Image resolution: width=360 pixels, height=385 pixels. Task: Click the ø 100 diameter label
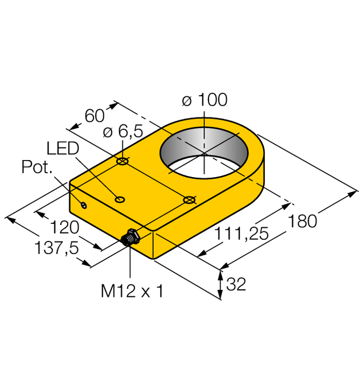[x=204, y=100]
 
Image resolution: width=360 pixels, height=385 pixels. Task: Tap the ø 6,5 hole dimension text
[x=122, y=132]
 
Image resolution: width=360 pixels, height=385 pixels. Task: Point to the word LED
[x=63, y=149]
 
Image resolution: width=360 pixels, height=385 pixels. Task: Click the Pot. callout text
[x=37, y=167]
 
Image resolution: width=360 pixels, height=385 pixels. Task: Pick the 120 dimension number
[x=63, y=228]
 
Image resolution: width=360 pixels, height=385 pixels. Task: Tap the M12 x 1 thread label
[x=132, y=292]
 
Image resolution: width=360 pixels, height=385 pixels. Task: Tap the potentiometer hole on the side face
[x=84, y=204]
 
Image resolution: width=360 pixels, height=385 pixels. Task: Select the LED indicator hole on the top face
[x=120, y=199]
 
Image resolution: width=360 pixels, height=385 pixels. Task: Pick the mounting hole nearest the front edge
[x=189, y=199]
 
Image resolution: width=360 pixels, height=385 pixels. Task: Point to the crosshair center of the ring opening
[x=203, y=153]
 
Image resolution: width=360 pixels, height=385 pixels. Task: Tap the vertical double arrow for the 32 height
[x=222, y=284]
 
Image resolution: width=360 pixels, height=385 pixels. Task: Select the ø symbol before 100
[x=186, y=100]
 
